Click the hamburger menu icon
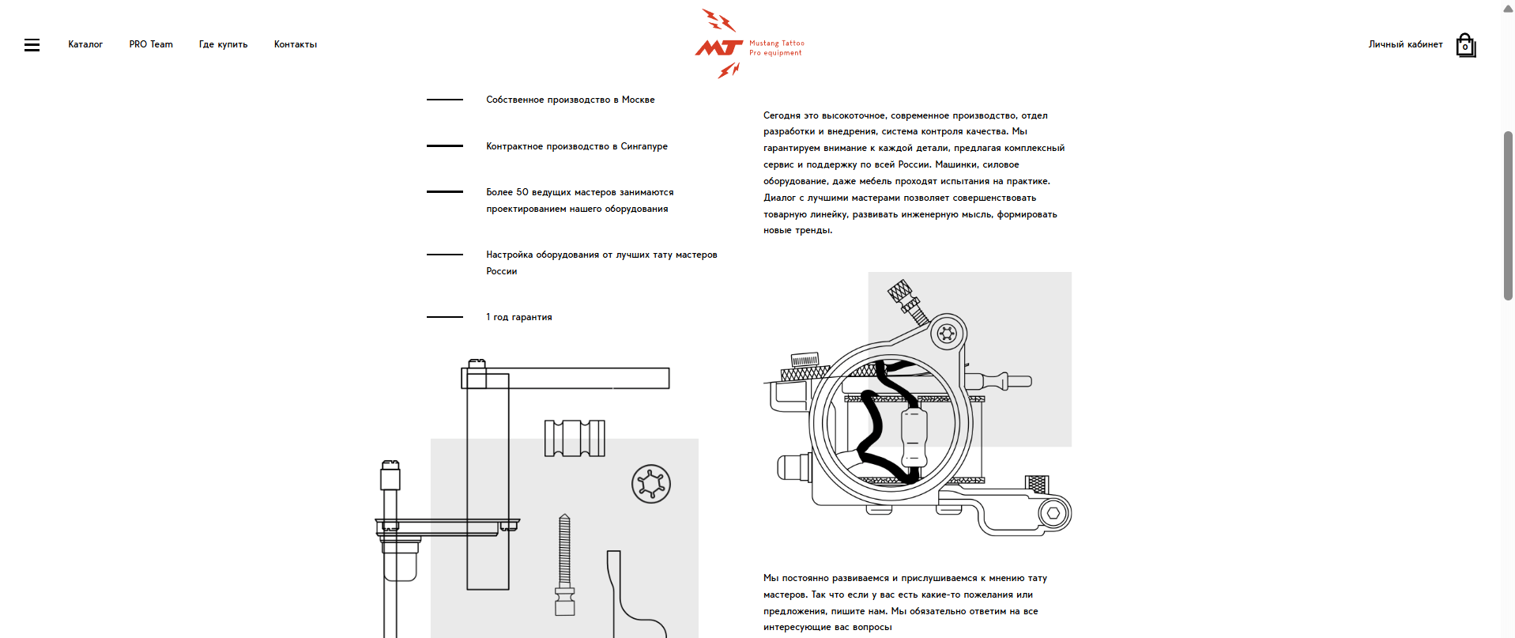click(x=32, y=45)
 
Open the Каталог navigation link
click(x=85, y=44)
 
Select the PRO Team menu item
click(x=151, y=44)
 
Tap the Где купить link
click(x=223, y=44)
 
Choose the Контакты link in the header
click(x=296, y=44)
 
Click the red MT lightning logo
click(x=719, y=46)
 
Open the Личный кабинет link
click(x=1405, y=44)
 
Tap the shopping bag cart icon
click(x=1465, y=45)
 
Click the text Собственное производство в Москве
click(x=570, y=100)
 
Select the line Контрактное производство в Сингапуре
click(x=576, y=146)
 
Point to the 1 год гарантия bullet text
click(x=518, y=317)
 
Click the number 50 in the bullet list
click(x=522, y=192)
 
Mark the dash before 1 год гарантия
click(x=444, y=317)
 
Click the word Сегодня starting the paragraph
click(x=782, y=115)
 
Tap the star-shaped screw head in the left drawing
click(x=651, y=484)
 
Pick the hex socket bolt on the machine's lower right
click(x=1053, y=513)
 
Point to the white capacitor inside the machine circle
click(x=914, y=437)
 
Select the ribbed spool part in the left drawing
click(x=575, y=438)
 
